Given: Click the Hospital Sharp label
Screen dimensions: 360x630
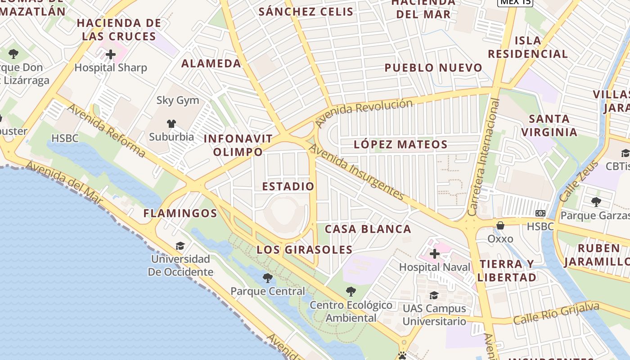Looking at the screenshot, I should pos(111,68).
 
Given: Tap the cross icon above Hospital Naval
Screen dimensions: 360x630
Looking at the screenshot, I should pos(434,254).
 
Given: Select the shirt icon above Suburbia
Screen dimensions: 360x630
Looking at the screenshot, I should pos(171,123).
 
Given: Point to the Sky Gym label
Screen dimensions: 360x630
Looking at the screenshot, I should pos(178,100).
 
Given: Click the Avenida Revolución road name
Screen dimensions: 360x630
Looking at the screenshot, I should pos(364,112).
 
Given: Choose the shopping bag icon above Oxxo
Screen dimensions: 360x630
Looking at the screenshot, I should pos(500,225).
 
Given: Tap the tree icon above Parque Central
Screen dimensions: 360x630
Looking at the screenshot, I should pos(268,278).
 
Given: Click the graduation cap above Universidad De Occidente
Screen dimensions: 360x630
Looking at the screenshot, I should pos(180,246).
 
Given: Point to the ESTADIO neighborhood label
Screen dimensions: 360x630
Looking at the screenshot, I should pos(288,186).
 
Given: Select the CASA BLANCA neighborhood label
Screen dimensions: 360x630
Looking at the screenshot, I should pos(368,229).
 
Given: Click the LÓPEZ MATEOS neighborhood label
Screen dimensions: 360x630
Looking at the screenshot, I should pos(400,144).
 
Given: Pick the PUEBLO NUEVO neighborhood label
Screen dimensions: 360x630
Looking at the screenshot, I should pos(433,68).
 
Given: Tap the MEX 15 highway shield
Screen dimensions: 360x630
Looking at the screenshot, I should pos(515,2).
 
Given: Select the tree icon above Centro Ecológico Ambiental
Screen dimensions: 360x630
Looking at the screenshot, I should pos(351,292).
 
